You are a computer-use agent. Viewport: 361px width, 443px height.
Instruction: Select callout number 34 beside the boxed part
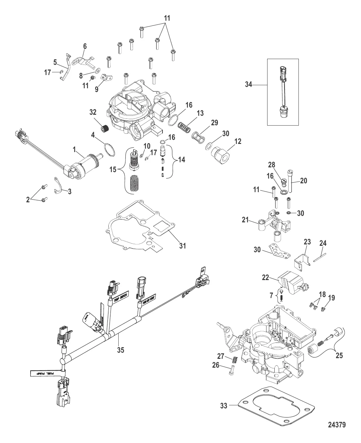click(x=249, y=85)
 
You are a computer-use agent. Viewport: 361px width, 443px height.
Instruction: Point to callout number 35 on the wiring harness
click(x=120, y=350)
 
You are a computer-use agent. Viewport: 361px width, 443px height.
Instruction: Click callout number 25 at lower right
click(x=339, y=356)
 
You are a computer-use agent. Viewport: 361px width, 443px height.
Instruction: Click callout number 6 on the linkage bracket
click(x=85, y=46)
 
